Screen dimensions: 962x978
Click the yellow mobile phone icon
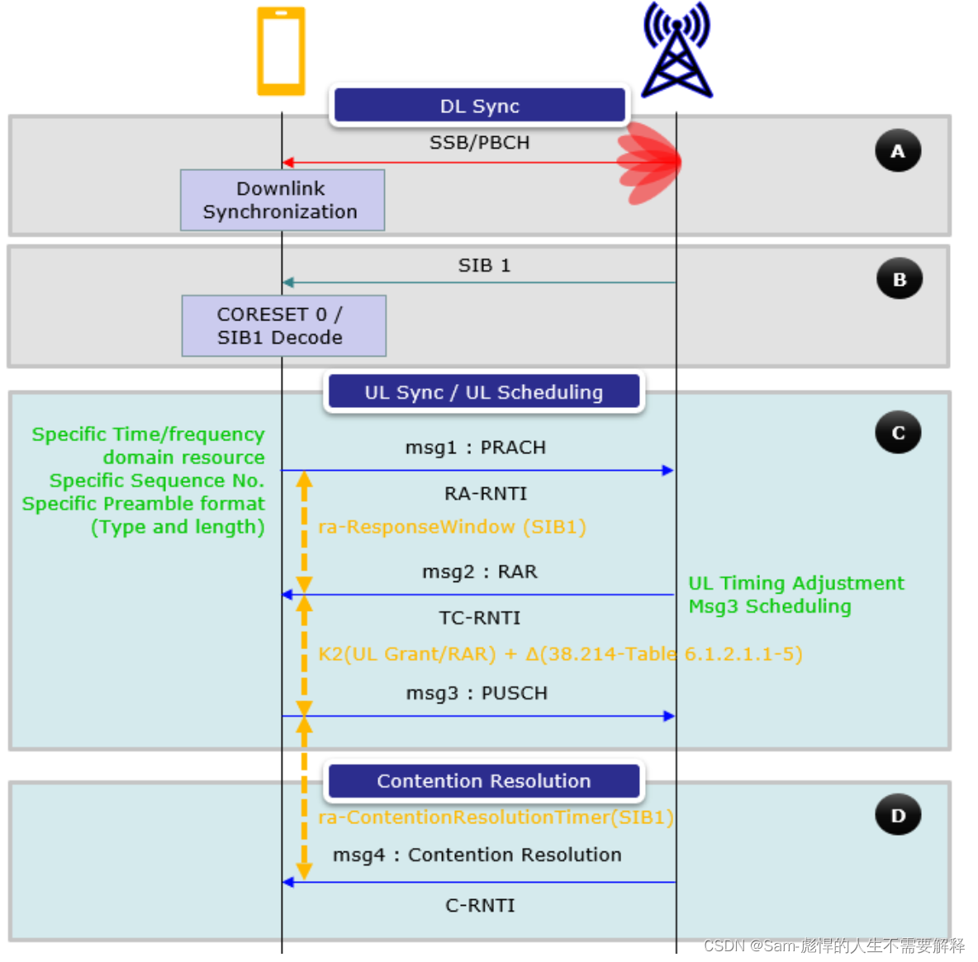pyautogui.click(x=281, y=51)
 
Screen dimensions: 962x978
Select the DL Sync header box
pyautogui.click(x=479, y=106)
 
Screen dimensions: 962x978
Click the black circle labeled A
pyautogui.click(x=898, y=151)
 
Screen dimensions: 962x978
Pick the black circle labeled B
pyautogui.click(x=899, y=279)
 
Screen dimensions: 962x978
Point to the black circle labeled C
pyautogui.click(x=898, y=433)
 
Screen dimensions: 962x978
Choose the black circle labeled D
pyautogui.click(x=898, y=815)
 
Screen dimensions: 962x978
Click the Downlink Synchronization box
pyautogui.click(x=282, y=200)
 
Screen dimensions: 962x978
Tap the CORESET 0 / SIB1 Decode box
pyautogui.click(x=282, y=325)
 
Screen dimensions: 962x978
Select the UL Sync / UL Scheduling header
pyautogui.click(x=483, y=392)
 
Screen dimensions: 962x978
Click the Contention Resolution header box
pyautogui.click(x=483, y=781)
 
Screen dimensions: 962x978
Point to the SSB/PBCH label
pyautogui.click(x=479, y=143)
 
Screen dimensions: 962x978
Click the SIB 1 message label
pyautogui.click(x=484, y=265)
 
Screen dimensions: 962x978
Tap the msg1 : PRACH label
pyautogui.click(x=475, y=448)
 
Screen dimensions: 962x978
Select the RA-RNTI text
pyautogui.click(x=486, y=494)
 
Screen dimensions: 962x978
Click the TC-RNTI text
pyautogui.click(x=480, y=618)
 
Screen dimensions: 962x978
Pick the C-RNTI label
pyautogui.click(x=480, y=906)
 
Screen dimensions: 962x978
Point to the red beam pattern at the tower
pyautogui.click(x=648, y=163)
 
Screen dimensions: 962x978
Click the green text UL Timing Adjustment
pyautogui.click(x=796, y=583)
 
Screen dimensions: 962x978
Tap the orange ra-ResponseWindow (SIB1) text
pyautogui.click(x=452, y=527)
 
